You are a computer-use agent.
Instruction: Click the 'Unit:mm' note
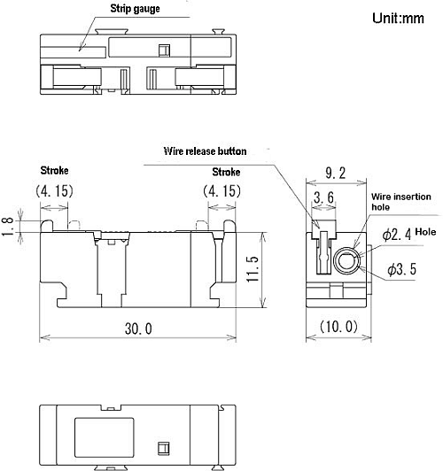(x=398, y=18)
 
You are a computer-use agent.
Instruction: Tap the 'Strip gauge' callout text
(x=135, y=9)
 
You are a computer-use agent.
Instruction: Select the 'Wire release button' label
(x=205, y=151)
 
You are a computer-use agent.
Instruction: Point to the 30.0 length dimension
(x=138, y=328)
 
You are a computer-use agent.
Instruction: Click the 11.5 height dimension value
(x=253, y=268)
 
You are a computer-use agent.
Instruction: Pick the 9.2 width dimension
(x=336, y=173)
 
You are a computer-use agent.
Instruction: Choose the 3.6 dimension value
(x=323, y=197)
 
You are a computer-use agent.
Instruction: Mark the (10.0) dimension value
(x=338, y=327)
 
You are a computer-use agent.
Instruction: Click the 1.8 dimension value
(x=7, y=227)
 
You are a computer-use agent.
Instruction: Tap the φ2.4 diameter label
(x=397, y=234)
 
